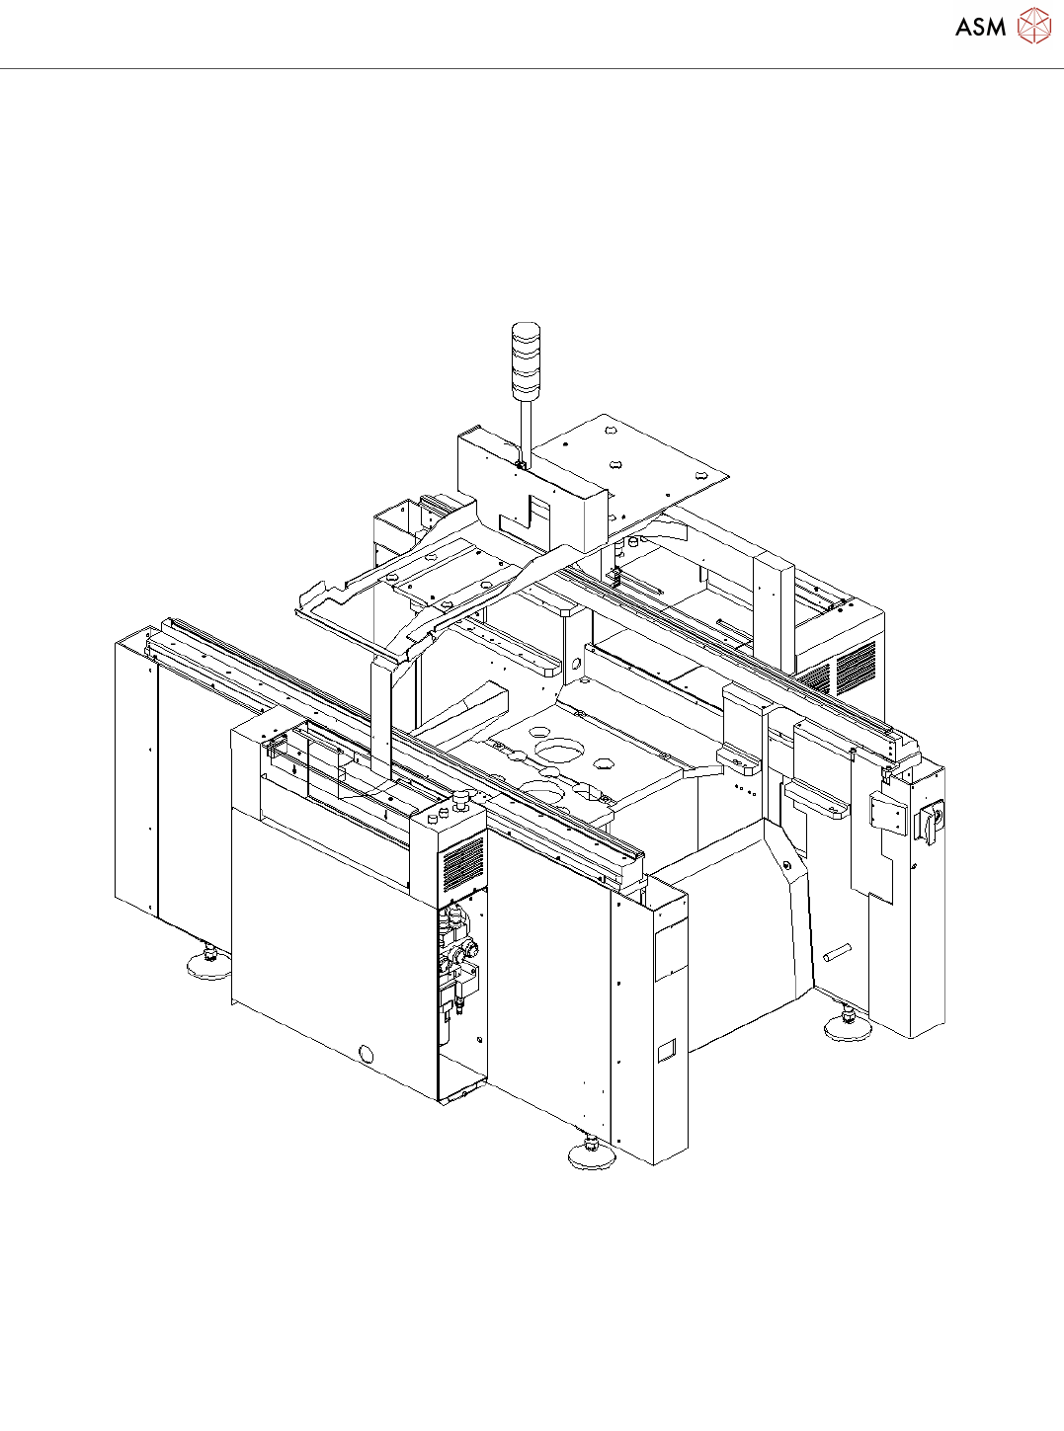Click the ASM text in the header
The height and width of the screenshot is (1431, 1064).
(x=981, y=27)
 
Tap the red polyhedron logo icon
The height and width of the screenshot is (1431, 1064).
(x=1034, y=27)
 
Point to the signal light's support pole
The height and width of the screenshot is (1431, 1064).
(x=524, y=429)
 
